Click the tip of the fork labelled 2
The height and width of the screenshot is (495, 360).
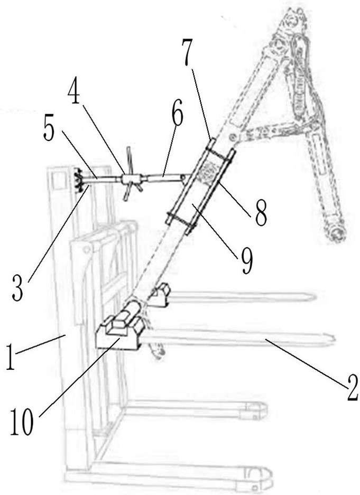click(x=332, y=338)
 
